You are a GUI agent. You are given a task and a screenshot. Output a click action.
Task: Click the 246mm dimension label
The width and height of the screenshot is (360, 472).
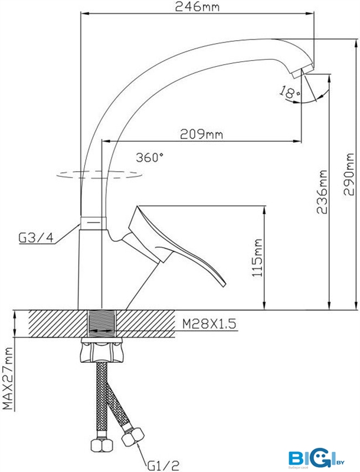pyautogui.click(x=197, y=6)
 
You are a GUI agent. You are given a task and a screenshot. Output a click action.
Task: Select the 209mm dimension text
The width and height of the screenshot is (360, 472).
pyautogui.click(x=201, y=134)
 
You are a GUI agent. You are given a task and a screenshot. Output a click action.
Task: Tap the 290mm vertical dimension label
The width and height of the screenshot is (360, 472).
pyautogui.click(x=349, y=174)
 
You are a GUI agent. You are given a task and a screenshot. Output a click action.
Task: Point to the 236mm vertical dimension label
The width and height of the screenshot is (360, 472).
pyautogui.click(x=322, y=192)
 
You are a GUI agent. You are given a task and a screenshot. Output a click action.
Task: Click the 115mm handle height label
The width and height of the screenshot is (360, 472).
pyautogui.click(x=257, y=258)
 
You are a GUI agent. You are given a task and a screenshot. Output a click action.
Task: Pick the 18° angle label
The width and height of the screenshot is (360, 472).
pyautogui.click(x=290, y=92)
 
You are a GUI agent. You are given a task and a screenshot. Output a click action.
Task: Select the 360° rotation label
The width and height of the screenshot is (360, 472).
pyautogui.click(x=149, y=158)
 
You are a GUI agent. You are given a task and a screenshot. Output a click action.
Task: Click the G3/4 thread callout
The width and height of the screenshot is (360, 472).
pyautogui.click(x=36, y=238)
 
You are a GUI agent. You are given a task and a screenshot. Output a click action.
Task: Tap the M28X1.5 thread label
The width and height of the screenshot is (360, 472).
pyautogui.click(x=209, y=324)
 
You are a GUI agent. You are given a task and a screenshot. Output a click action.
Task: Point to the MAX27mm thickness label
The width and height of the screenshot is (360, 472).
pyautogui.click(x=8, y=378)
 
